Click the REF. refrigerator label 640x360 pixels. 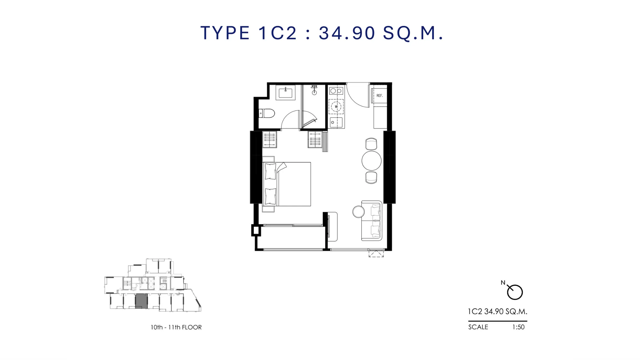pyautogui.click(x=380, y=96)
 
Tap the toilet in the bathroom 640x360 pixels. pyautogui.click(x=267, y=113)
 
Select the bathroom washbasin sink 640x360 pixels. pyautogui.click(x=285, y=93)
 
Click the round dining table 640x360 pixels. pyautogui.click(x=372, y=161)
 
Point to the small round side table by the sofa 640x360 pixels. pyautogui.click(x=358, y=212)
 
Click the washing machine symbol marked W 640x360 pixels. pyautogui.click(x=336, y=107)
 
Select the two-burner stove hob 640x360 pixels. pyautogui.click(x=336, y=91)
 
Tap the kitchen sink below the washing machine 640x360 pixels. pyautogui.click(x=336, y=123)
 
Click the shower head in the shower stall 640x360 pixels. pyautogui.click(x=314, y=90)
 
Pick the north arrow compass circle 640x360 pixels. pyautogui.click(x=515, y=292)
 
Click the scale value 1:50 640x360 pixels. pyautogui.click(x=518, y=327)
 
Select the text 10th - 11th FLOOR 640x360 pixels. pyautogui.click(x=176, y=327)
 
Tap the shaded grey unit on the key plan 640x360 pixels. pyautogui.click(x=141, y=301)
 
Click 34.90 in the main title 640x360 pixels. pyautogui.click(x=347, y=33)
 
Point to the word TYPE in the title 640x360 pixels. pyautogui.click(x=225, y=33)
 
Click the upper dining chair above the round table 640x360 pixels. pyautogui.click(x=371, y=144)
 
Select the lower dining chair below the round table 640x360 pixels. pyautogui.click(x=371, y=178)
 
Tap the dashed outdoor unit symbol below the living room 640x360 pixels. pyautogui.click(x=376, y=254)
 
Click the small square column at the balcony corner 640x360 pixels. pyautogui.click(x=256, y=230)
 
